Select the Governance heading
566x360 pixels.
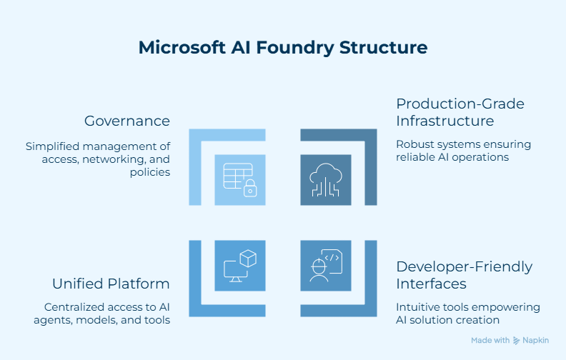tap(127, 121)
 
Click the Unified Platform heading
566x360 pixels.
tap(111, 284)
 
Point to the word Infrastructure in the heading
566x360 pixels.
tap(445, 121)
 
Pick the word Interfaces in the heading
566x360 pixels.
tap(432, 284)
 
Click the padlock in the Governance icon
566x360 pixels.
tap(250, 189)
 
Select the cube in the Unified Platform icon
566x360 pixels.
tap(248, 258)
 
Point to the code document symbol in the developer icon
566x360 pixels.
tap(333, 259)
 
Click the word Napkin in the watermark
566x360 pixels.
tap(536, 341)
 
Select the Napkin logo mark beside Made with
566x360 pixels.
tap(517, 341)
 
